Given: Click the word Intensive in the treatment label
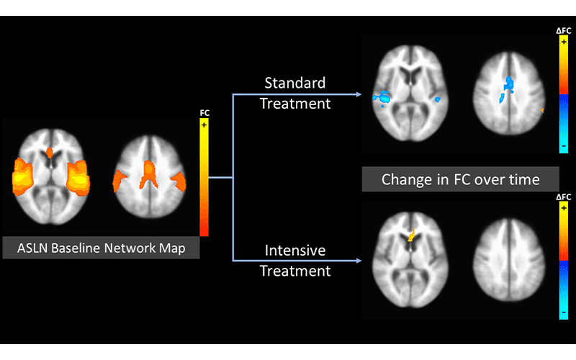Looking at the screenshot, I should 294,251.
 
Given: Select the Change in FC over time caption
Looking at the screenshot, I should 460,179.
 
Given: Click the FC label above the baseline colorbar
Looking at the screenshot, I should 204,113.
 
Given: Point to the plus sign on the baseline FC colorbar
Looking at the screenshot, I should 204,125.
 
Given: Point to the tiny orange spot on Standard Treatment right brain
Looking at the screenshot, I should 541,110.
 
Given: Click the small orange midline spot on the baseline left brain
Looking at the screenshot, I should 50,152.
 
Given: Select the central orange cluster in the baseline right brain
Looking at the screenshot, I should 148,173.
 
